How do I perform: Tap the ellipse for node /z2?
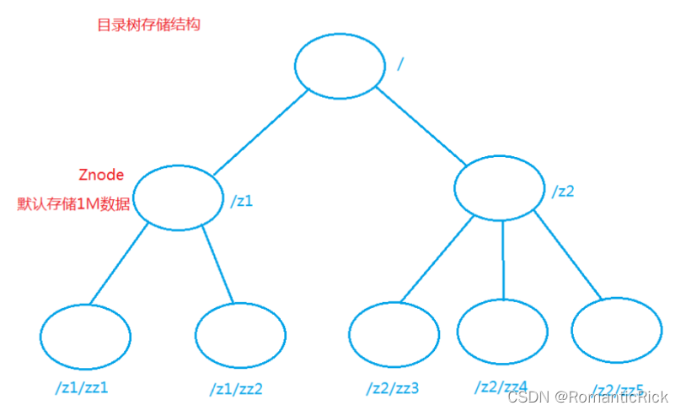[500, 188]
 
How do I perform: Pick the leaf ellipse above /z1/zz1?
[84, 336]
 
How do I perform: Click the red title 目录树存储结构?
[148, 24]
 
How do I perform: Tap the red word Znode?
[101, 176]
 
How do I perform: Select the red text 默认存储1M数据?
[74, 204]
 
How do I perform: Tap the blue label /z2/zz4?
[501, 387]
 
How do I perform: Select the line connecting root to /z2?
[419, 123]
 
